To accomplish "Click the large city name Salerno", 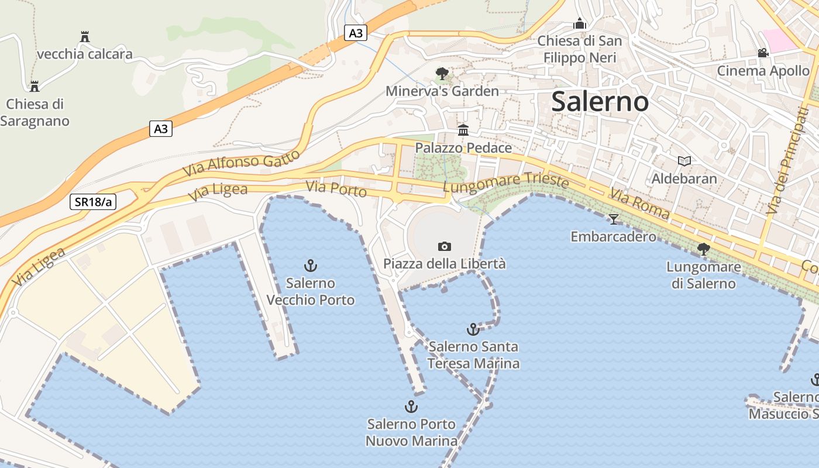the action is click(600, 102).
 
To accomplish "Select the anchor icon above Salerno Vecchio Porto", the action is click(311, 266).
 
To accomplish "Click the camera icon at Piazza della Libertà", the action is click(445, 246).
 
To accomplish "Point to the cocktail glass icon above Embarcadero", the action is click(613, 219).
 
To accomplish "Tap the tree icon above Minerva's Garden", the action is click(442, 74).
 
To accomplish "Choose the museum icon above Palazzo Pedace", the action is click(463, 130).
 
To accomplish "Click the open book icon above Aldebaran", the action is click(684, 161).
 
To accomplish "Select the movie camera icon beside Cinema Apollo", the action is click(763, 53).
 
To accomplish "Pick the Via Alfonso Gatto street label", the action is click(242, 163).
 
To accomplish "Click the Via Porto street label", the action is click(336, 189).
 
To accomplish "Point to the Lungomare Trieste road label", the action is click(506, 183).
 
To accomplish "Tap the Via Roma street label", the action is click(639, 204).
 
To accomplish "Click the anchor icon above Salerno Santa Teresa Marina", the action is click(473, 329).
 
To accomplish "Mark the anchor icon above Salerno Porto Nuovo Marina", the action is click(411, 407).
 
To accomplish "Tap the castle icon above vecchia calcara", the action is click(85, 37).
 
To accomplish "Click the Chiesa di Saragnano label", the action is click(35, 112).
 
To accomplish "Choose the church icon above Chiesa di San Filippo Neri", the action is click(580, 24).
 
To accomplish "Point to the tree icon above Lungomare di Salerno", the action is click(703, 250).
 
